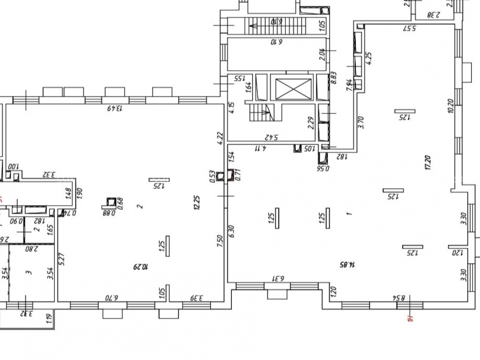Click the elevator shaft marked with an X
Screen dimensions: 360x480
pos(291,88)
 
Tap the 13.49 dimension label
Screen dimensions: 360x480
pos(114,108)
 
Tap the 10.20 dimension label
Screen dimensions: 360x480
pos(450,106)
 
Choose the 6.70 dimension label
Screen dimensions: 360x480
pos(111,298)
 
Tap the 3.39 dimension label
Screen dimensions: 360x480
pos(197,298)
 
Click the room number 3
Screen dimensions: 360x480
pos(29,272)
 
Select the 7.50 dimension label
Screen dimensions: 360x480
pos(219,240)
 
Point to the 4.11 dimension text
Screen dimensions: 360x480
pos(261,149)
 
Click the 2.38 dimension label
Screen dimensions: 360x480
pos(434,15)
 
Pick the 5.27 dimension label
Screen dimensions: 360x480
pos(61,260)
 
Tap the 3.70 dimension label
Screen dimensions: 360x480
pos(361,122)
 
